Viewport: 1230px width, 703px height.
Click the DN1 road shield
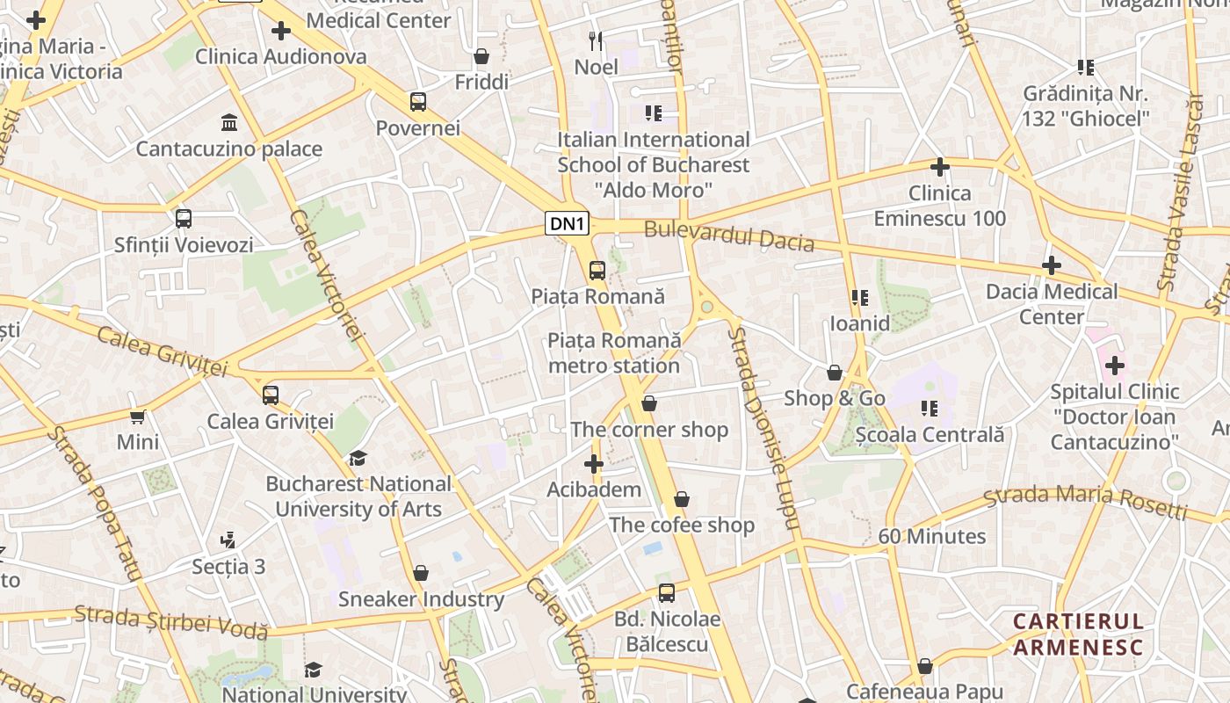tap(567, 224)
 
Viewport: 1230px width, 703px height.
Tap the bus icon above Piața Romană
tap(597, 270)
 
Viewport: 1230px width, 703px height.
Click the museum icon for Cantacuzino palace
tap(229, 121)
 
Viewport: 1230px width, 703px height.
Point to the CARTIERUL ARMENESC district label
tap(1078, 634)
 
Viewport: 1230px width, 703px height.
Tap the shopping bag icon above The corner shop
tap(649, 403)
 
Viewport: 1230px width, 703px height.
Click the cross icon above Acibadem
tap(594, 463)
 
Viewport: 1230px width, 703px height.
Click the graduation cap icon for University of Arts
tap(358, 458)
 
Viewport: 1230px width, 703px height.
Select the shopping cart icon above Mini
tap(137, 416)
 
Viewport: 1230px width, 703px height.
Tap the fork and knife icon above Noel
tap(597, 40)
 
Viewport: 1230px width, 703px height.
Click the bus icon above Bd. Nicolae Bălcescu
tap(667, 593)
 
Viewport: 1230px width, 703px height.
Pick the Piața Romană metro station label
tap(614, 352)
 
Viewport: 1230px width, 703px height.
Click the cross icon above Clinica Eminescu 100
tap(940, 166)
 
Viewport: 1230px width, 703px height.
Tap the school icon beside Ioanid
tap(859, 298)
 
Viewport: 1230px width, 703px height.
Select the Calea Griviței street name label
tap(162, 350)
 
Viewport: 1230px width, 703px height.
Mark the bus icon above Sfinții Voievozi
tap(183, 219)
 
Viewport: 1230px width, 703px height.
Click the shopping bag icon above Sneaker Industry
tap(421, 573)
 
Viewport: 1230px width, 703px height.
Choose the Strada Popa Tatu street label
tap(94, 503)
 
